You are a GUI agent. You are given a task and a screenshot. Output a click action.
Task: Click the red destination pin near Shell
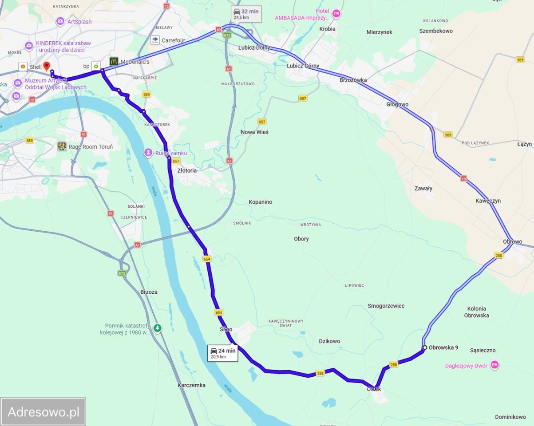[47, 67]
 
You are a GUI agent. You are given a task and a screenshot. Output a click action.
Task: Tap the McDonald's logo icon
[114, 62]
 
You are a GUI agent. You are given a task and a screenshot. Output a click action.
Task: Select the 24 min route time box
[223, 353]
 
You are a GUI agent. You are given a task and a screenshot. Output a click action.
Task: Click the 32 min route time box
[246, 14]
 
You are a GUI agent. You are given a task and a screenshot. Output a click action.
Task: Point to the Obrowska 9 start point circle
[425, 347]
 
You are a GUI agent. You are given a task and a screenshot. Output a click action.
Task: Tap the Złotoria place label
[186, 170]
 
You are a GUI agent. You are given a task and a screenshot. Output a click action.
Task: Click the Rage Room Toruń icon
[62, 146]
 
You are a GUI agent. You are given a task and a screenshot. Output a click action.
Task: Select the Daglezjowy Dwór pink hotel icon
[494, 366]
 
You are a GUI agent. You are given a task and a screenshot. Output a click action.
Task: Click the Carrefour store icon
[155, 40]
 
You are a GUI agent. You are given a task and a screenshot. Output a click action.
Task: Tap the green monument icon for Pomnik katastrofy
[157, 328]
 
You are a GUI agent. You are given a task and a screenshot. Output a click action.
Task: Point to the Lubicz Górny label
[303, 66]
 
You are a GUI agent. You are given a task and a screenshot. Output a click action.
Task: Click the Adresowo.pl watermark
[43, 412]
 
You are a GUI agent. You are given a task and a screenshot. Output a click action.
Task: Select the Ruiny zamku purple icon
[148, 153]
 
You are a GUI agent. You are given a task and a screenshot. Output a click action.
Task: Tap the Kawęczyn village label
[488, 201]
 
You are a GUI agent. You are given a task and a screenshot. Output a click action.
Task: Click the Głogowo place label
[397, 104]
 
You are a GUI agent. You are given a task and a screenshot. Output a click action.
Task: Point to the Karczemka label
[191, 385]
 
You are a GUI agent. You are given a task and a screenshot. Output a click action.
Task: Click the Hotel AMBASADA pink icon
[336, 14]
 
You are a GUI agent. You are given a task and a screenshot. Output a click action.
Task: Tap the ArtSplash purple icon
[60, 21]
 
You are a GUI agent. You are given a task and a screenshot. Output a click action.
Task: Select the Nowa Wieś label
[254, 132]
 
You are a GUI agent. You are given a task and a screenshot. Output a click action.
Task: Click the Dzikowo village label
[329, 341]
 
